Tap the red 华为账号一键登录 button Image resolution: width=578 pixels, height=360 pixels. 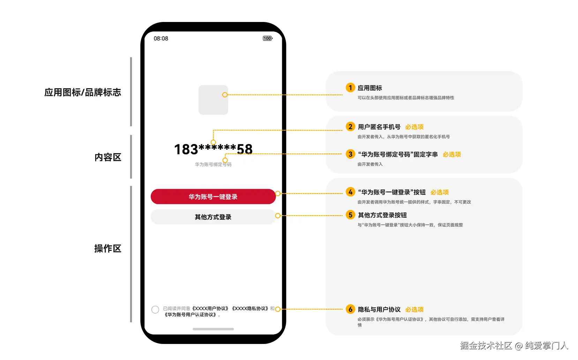pyautogui.click(x=213, y=197)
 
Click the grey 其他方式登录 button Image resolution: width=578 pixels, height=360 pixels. pyautogui.click(x=213, y=217)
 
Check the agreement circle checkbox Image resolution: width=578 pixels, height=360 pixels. pyautogui.click(x=155, y=309)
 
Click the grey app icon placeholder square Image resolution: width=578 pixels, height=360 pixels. pyautogui.click(x=213, y=100)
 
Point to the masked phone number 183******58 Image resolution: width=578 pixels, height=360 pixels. pyautogui.click(x=213, y=149)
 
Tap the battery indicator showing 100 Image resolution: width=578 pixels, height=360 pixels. pyautogui.click(x=268, y=38)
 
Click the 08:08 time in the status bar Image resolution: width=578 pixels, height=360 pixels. pyautogui.click(x=161, y=38)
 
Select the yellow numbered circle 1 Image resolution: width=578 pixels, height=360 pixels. pyautogui.click(x=350, y=88)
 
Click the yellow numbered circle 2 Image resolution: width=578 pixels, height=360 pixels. pyautogui.click(x=350, y=127)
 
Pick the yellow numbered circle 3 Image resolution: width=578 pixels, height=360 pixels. pyautogui.click(x=350, y=154)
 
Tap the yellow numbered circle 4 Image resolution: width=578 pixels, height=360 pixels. pyautogui.click(x=350, y=192)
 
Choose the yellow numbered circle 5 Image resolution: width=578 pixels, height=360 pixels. pyautogui.click(x=350, y=215)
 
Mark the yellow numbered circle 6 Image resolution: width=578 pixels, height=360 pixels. pyautogui.click(x=350, y=309)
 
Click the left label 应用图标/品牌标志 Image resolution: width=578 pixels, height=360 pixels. pyautogui.click(x=83, y=92)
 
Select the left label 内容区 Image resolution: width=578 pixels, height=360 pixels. pyautogui.click(x=108, y=157)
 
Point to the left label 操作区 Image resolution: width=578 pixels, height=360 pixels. pyautogui.click(x=108, y=248)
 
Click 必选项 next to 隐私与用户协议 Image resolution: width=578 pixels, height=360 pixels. pyautogui.click(x=414, y=309)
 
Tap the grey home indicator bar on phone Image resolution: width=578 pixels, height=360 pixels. pyautogui.click(x=213, y=329)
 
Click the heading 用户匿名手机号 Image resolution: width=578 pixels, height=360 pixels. pyautogui.click(x=379, y=127)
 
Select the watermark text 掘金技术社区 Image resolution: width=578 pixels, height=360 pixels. pyautogui.click(x=486, y=346)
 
